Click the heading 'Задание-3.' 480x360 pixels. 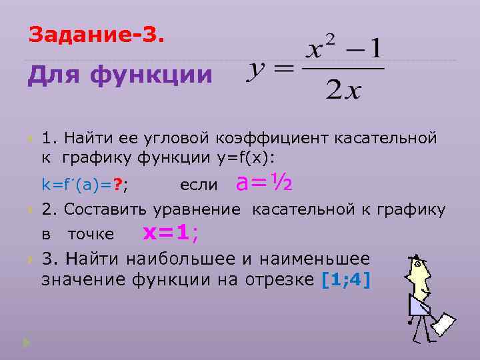[95, 33]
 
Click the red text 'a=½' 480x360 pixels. [267, 181]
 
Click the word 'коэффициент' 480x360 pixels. [275, 138]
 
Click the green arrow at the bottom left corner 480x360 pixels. [26, 342]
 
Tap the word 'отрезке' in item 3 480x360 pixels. [281, 279]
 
